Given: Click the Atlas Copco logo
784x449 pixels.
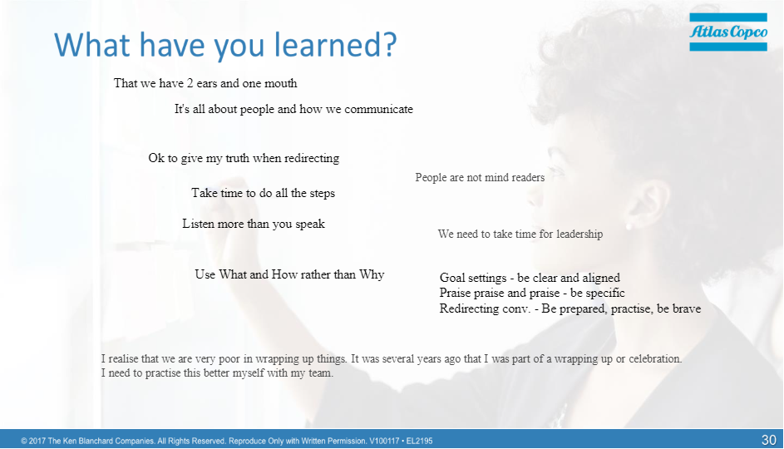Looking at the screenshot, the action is [728, 32].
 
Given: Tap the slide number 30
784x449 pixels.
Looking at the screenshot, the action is [768, 440].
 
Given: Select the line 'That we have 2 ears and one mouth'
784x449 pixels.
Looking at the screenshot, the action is [205, 83].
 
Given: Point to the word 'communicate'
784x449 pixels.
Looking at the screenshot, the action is [378, 109].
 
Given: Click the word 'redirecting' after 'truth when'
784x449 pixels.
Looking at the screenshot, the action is [312, 159].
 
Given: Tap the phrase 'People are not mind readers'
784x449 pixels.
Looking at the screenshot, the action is [480, 177].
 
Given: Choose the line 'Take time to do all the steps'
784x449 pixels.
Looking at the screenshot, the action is [263, 193].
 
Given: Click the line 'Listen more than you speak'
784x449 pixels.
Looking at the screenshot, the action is [254, 224].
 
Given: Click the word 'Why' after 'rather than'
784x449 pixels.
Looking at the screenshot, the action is [372, 274].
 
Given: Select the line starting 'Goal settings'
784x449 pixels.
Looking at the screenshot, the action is [530, 278].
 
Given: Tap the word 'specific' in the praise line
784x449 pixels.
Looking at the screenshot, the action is [605, 293].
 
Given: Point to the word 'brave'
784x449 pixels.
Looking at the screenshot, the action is [686, 308].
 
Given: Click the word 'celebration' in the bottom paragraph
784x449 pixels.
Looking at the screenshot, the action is [655, 359].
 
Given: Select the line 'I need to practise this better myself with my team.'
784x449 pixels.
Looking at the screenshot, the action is [217, 373].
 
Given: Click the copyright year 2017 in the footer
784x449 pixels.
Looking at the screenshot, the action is [37, 441].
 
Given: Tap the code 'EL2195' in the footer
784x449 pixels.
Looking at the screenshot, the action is [420, 441].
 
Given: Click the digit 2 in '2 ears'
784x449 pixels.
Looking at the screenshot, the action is [190, 83].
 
